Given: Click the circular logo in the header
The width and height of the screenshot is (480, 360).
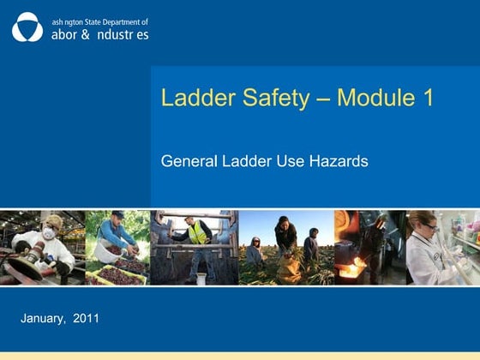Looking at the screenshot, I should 27,27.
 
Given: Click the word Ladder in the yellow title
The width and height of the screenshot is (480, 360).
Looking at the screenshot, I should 193,98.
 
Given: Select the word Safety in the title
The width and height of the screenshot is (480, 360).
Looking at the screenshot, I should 267,98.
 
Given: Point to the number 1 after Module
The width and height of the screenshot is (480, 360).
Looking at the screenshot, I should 426,98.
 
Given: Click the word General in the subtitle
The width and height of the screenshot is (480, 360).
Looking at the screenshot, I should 186,160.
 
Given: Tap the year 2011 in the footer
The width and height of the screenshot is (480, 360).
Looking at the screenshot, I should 87,319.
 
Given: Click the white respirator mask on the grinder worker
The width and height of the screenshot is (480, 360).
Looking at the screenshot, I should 49,232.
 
